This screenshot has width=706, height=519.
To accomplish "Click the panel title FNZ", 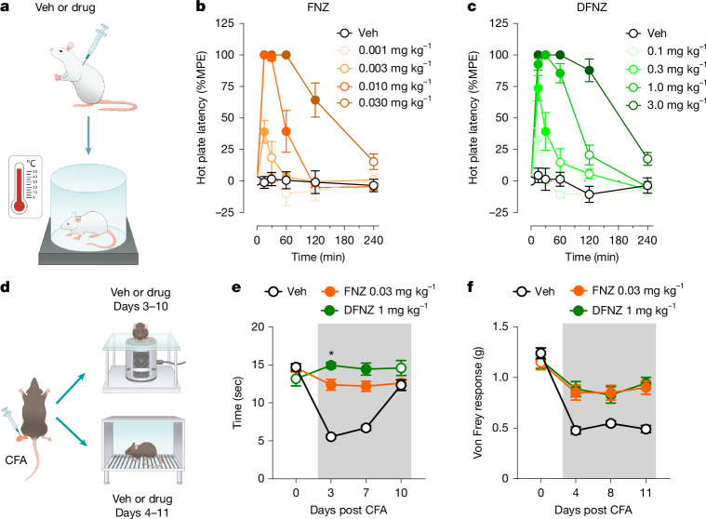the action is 318,7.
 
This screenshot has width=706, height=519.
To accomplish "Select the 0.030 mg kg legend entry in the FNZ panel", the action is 384,103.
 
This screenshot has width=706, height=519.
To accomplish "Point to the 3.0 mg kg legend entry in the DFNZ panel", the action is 665,105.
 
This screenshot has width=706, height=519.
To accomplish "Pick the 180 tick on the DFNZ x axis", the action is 619,240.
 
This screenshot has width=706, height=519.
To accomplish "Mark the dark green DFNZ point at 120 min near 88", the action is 589,70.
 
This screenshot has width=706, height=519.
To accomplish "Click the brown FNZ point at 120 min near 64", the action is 315,100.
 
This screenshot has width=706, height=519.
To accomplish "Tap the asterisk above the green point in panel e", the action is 331,353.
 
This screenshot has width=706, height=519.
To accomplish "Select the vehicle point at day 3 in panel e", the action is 331,436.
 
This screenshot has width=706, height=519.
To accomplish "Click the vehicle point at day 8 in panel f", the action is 610,423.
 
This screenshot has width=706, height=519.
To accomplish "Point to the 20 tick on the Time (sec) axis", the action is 258,326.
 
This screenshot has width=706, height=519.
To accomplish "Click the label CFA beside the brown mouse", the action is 16,460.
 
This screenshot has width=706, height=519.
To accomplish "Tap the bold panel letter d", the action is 5,286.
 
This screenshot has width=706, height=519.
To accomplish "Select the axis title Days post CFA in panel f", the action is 593,510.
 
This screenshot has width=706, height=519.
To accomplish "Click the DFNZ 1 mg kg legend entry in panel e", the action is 374,310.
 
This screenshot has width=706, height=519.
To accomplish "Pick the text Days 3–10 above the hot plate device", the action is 140,307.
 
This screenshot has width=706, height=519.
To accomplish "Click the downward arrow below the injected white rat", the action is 88,136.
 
